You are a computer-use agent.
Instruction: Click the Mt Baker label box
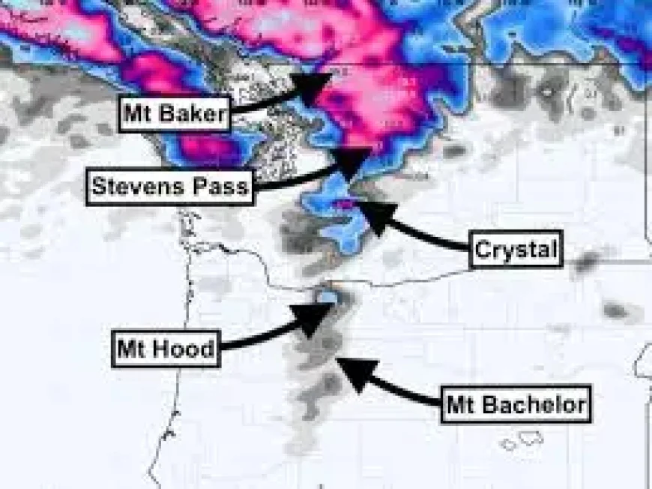point(174,113)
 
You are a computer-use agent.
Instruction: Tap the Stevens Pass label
point(170,185)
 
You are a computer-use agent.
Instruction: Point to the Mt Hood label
point(166,348)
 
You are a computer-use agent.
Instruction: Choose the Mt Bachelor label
point(516,405)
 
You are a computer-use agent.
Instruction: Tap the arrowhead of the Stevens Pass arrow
point(352,160)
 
